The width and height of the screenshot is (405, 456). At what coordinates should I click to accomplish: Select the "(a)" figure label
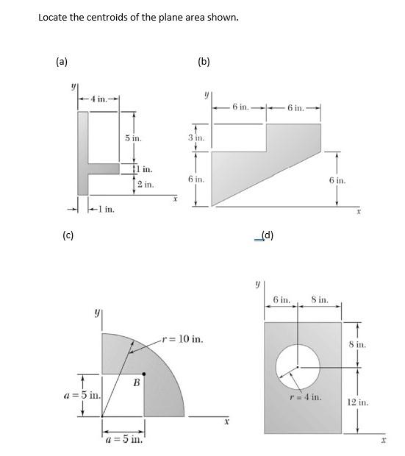click(62, 63)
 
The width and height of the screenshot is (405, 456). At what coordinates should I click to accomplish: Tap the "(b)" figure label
click(204, 63)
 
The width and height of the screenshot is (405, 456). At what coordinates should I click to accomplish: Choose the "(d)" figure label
click(268, 235)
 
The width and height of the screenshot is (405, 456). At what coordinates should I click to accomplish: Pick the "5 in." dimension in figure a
click(133, 138)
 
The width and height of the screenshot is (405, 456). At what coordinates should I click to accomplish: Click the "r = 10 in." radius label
click(181, 340)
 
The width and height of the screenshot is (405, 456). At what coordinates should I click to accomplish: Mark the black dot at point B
click(143, 374)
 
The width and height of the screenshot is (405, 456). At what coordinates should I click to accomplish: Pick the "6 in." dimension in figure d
click(282, 300)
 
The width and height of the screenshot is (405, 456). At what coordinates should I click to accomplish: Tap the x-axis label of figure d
click(382, 441)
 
